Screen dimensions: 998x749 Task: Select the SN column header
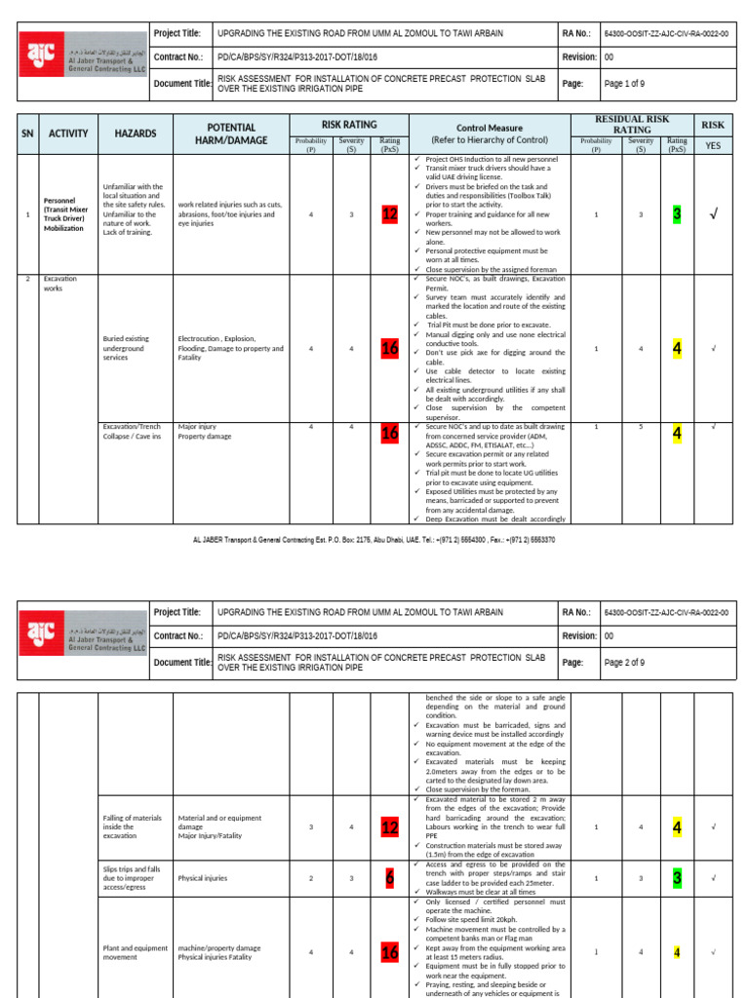point(28,134)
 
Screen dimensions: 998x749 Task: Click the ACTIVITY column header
point(68,134)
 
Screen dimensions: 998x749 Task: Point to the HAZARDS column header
point(135,134)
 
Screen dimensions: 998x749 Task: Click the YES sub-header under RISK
point(713,145)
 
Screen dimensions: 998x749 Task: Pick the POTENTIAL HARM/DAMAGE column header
point(230,134)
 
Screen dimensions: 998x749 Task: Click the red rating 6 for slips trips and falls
point(389,878)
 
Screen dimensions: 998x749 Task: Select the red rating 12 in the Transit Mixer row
point(389,214)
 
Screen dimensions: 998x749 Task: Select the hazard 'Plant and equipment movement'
point(134,952)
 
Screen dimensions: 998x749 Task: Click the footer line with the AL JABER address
point(374,539)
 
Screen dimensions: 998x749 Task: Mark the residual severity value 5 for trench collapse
point(641,426)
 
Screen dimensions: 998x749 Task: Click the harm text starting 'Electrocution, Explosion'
point(230,348)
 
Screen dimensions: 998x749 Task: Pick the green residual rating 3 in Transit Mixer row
point(677,214)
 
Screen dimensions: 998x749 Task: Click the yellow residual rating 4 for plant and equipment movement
point(677,952)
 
